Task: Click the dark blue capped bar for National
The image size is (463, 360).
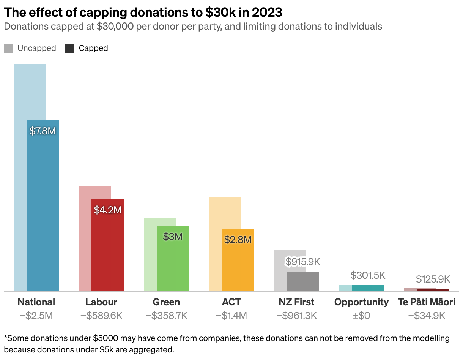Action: click(x=43, y=206)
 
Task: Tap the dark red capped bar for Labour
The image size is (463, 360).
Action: click(x=108, y=245)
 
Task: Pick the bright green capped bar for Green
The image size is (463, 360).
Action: click(x=173, y=259)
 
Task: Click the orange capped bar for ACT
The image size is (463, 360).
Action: click(x=238, y=260)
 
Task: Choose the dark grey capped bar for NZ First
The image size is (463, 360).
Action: click(x=303, y=281)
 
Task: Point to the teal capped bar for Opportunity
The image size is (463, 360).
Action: click(x=368, y=288)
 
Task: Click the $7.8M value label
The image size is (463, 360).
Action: click(x=43, y=131)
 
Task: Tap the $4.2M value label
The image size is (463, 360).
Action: click(x=108, y=210)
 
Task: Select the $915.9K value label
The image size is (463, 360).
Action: click(x=303, y=262)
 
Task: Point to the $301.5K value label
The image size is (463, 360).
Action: click(x=368, y=275)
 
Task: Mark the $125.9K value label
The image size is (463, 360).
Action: click(x=433, y=279)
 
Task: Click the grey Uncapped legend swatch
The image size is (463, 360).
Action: click(x=8, y=49)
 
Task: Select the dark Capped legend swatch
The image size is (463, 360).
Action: click(x=70, y=49)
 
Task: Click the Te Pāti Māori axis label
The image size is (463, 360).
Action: click(x=427, y=302)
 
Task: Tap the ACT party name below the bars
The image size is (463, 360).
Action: click(x=231, y=302)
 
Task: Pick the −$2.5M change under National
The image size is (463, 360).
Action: click(x=36, y=316)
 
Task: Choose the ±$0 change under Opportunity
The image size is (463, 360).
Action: click(x=362, y=316)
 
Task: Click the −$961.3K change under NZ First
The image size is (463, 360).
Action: click(x=297, y=316)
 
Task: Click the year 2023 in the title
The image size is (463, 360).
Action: click(x=267, y=13)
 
